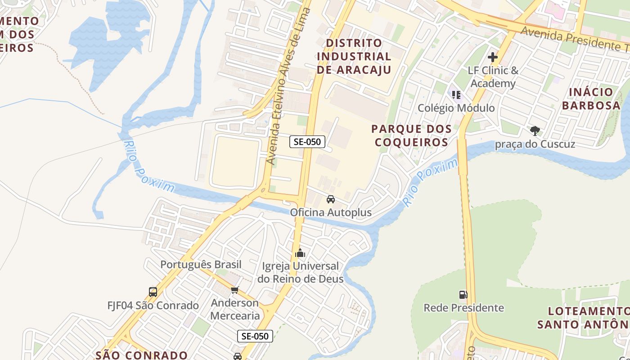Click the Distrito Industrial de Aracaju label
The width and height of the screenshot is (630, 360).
pos(354,56)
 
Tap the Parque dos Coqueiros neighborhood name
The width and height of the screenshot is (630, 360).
pos(411,135)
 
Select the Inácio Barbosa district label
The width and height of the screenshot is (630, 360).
pos(591,99)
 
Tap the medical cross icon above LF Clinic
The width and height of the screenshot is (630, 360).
pos(493,57)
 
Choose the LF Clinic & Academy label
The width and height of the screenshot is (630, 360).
pos(493,77)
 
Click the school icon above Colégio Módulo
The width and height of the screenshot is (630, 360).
pos(456,95)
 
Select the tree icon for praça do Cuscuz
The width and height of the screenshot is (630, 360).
pos(535,131)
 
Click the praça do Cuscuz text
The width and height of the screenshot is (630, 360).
pos(535,144)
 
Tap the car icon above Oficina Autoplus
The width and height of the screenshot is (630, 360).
pos(331,199)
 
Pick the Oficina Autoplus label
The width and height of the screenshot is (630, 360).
pos(331,212)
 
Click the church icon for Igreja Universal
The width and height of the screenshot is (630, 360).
pos(300,253)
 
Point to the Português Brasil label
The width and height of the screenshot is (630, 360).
pos(201,265)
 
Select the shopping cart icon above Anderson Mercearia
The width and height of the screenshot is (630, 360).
pos(234,290)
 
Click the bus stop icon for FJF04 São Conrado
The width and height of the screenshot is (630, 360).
pos(153,292)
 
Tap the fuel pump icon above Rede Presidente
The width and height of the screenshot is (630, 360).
pos(463,295)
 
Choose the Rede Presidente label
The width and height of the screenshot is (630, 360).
pos(463,308)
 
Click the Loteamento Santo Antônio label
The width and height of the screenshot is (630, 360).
pos(584,318)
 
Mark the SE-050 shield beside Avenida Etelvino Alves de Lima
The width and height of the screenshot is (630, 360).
pos(307,142)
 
